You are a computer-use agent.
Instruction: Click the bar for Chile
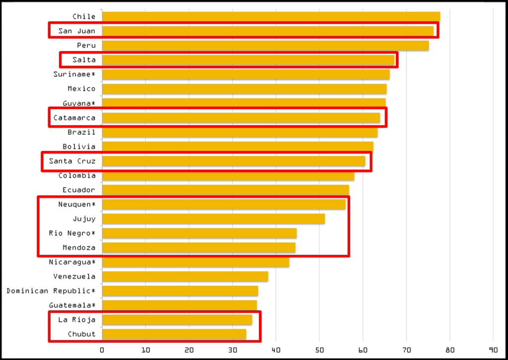point(270,17)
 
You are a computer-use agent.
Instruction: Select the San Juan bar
point(267,31)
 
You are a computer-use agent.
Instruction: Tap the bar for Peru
point(265,46)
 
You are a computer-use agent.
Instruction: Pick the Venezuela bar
point(185,277)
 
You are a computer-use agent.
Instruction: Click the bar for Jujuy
point(213,218)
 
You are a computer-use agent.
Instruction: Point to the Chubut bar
point(174,334)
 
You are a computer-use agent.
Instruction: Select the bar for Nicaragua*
point(195,262)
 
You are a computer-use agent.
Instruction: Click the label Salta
point(84,60)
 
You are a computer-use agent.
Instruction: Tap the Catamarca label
point(74,118)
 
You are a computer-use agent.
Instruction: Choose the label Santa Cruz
point(72,161)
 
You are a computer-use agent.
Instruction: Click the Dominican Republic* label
point(51,291)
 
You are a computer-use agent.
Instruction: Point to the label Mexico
point(82,89)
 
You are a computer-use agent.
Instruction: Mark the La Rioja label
point(77,320)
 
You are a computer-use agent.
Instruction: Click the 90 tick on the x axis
point(494,350)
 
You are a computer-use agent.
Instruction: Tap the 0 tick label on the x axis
point(102,350)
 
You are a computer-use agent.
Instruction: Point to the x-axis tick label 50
point(319,350)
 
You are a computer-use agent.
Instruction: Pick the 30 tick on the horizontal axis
point(232,350)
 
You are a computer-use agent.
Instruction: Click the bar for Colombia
point(228,175)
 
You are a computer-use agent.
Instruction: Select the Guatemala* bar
point(179,305)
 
